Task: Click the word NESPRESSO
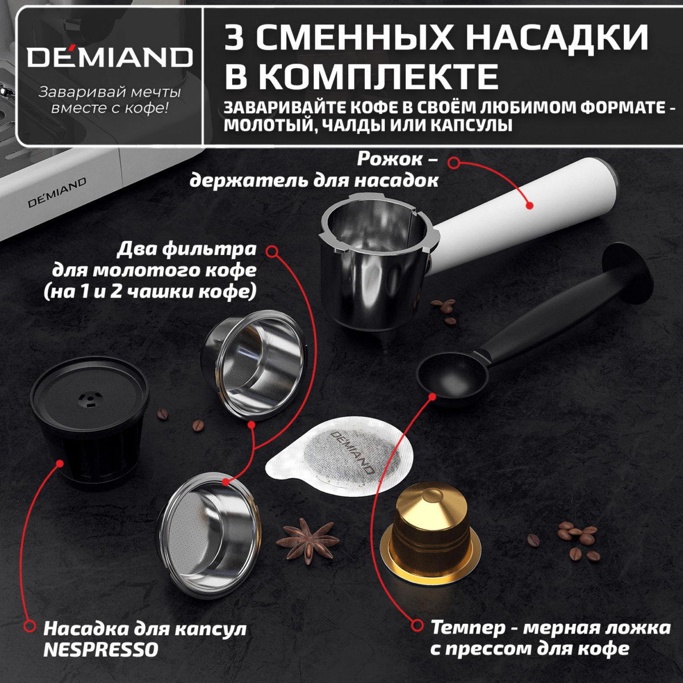point(101,649)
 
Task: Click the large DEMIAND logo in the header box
point(110,57)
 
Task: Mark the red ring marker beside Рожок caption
point(454,163)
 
